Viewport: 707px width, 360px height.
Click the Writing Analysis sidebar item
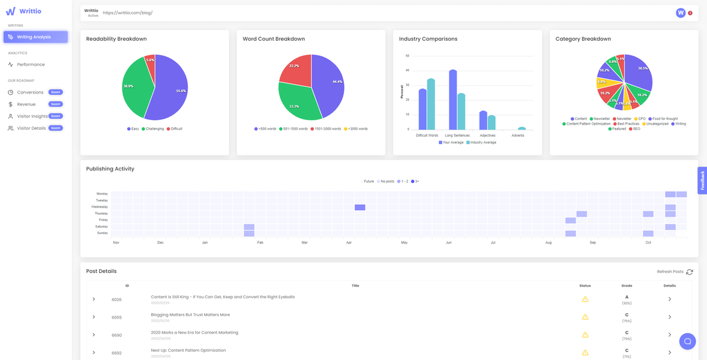click(x=35, y=37)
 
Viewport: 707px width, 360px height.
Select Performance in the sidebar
click(x=31, y=64)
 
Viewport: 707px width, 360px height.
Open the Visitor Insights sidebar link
click(x=32, y=116)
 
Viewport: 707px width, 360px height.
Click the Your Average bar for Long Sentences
click(x=453, y=100)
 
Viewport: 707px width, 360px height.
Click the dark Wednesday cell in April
click(x=360, y=207)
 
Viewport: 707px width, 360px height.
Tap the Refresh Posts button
click(x=675, y=272)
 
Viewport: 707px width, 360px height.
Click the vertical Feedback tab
click(x=702, y=180)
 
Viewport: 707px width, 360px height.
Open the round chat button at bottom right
click(x=687, y=341)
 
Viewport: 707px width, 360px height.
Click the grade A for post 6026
click(x=627, y=297)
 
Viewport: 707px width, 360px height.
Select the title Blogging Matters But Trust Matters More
click(x=190, y=315)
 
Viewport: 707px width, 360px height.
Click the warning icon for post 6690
click(x=585, y=335)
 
